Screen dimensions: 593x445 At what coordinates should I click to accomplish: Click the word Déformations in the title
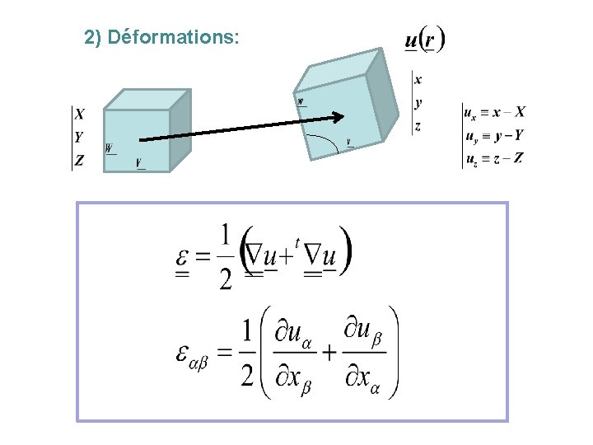point(174,38)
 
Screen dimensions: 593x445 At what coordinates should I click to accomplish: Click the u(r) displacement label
point(425,40)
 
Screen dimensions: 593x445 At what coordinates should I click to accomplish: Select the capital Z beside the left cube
point(79,161)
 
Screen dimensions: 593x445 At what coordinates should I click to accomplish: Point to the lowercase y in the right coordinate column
point(418,103)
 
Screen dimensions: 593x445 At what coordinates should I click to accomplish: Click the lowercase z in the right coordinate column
point(418,126)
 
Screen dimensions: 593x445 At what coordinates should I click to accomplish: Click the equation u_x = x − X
point(494,112)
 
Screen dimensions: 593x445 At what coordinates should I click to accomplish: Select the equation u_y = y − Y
point(494,135)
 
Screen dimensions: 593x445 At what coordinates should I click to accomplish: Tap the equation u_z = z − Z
point(494,158)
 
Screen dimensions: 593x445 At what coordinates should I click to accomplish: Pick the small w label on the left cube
point(110,148)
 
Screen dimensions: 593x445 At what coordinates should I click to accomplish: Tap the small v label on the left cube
point(139,162)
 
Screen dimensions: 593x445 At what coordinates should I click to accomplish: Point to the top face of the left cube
point(148,99)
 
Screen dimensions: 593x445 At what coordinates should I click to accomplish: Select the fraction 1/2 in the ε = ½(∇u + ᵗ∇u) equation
point(225,256)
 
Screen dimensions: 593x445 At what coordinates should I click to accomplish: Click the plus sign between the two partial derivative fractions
point(329,353)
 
